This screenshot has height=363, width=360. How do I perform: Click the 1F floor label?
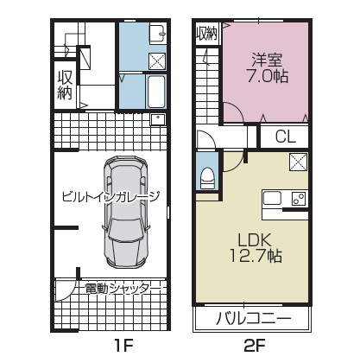click(x=124, y=345)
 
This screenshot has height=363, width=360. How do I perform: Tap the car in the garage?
click(x=126, y=212)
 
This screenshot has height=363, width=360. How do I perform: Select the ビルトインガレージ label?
click(x=111, y=197)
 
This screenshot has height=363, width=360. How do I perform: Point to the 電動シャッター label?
click(x=123, y=289)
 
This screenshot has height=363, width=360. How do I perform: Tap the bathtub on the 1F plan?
click(x=156, y=92)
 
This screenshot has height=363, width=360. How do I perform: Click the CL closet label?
click(x=286, y=137)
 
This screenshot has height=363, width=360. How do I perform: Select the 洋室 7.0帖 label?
click(x=268, y=68)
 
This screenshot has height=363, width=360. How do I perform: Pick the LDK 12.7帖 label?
click(x=256, y=247)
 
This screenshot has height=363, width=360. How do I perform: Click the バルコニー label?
click(x=254, y=318)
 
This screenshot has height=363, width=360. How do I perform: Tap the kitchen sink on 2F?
click(x=273, y=198)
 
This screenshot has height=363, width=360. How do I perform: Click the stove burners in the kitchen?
click(x=299, y=199)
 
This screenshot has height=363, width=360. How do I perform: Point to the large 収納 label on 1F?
click(x=65, y=85)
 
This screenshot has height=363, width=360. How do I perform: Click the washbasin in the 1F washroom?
click(x=157, y=34)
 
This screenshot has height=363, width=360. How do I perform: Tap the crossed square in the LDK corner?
click(x=299, y=162)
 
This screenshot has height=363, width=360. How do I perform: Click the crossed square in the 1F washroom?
click(x=157, y=61)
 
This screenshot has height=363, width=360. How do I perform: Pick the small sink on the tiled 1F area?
click(x=158, y=119)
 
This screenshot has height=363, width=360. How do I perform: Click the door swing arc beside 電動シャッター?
click(x=69, y=291)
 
